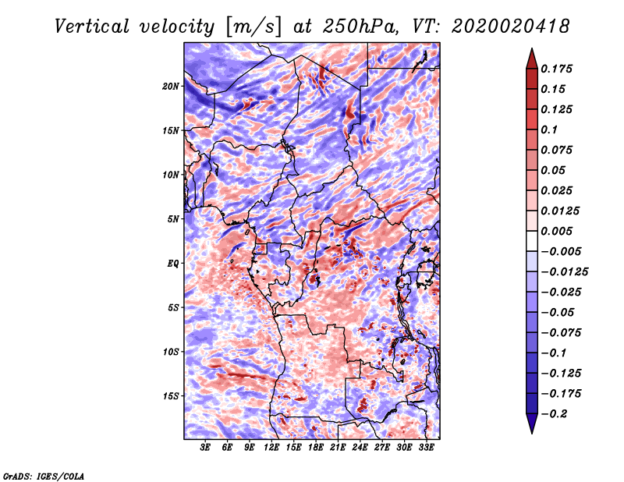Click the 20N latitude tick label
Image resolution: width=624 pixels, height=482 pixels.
tap(171, 86)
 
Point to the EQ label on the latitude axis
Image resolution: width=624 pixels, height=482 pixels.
tap(172, 264)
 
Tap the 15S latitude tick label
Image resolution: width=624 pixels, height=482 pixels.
tap(171, 396)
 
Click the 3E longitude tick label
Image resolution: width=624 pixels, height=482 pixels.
tap(206, 448)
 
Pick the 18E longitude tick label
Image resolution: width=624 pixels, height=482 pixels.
tap(316, 448)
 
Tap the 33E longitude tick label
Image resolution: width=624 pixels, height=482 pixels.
tap(426, 448)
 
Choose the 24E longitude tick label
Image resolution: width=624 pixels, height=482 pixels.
tap(360, 448)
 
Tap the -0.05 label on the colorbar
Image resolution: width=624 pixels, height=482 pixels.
tap(561, 312)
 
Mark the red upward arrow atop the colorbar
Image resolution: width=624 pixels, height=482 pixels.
tap(530, 56)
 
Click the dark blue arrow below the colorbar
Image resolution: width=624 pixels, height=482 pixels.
tap(530, 424)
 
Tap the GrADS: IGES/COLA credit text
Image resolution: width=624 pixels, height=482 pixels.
tap(43, 475)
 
